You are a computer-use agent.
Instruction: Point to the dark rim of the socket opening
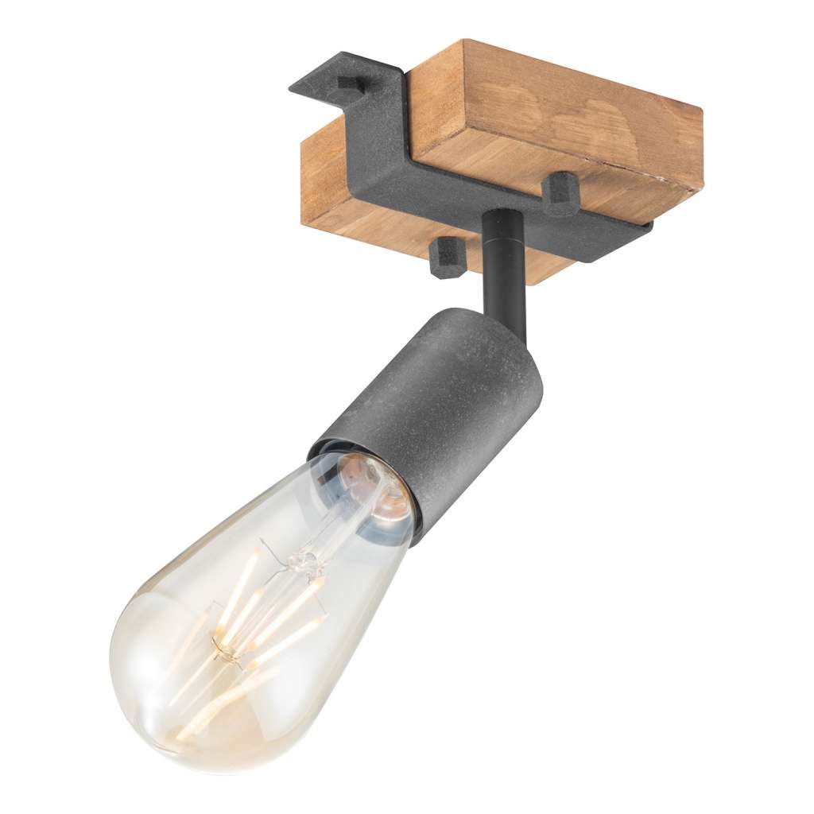[358, 453]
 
